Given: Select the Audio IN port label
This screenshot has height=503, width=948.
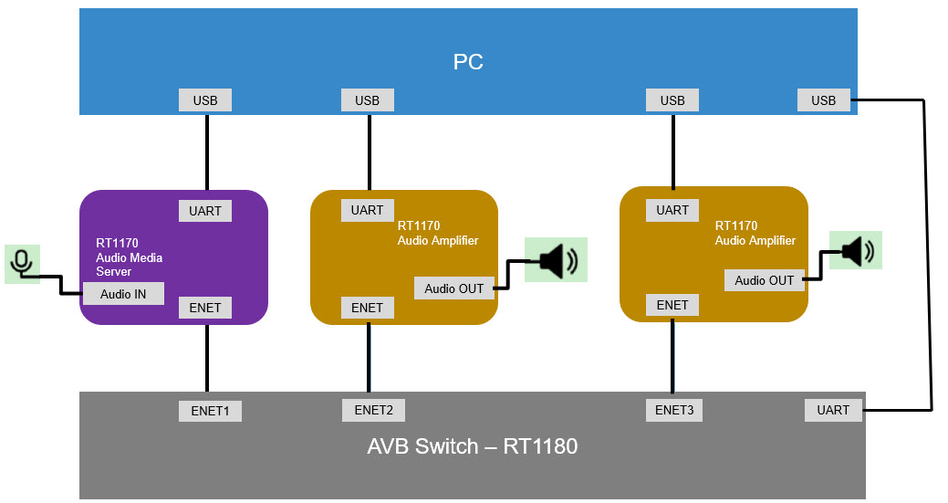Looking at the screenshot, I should click(x=123, y=293).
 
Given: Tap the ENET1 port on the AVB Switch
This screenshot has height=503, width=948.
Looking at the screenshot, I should click(x=210, y=411).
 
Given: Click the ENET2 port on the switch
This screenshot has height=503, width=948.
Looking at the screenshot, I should click(x=373, y=410).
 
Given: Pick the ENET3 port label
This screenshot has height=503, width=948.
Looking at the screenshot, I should click(x=674, y=410).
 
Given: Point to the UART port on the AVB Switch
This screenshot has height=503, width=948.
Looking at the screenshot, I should click(x=833, y=410).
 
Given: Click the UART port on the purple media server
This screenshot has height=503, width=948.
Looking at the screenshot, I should click(x=205, y=210).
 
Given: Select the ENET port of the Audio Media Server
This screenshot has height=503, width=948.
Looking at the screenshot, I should click(x=205, y=308).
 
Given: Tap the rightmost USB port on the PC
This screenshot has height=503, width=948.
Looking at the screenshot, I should click(x=824, y=100).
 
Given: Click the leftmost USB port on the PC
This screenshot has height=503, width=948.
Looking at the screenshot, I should click(x=205, y=100).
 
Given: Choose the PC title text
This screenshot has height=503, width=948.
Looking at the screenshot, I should click(x=468, y=62).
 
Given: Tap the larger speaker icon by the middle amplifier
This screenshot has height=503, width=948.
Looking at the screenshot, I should click(x=556, y=260).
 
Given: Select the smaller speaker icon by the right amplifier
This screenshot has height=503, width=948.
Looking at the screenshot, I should click(x=856, y=250).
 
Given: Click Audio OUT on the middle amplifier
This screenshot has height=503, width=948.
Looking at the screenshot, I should click(x=454, y=288).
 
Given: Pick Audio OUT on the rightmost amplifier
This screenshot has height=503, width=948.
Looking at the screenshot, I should click(x=765, y=280).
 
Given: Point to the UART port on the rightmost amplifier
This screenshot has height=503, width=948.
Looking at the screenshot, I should click(x=672, y=210).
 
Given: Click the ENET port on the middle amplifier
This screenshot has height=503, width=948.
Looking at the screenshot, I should click(x=368, y=308).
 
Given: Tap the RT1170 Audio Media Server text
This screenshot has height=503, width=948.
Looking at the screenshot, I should click(x=129, y=257).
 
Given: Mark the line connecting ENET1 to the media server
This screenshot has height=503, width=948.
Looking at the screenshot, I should click(x=207, y=361).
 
